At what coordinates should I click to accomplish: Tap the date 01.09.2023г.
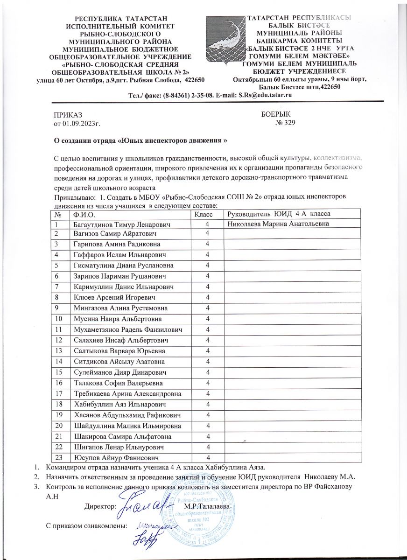[x=78, y=124]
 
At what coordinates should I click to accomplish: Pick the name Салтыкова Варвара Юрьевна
[x=117, y=350]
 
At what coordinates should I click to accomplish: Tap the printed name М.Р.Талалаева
[x=207, y=507]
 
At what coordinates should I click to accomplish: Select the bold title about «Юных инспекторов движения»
[x=141, y=140]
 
